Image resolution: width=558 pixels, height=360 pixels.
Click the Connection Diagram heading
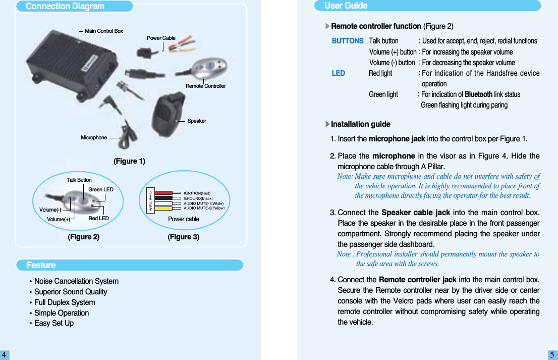tap(65, 7)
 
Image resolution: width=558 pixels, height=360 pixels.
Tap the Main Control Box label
tap(104, 31)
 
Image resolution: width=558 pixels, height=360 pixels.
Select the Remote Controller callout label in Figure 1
tap(205, 86)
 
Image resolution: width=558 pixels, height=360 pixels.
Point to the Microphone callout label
tap(94, 138)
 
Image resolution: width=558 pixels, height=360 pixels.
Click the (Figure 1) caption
tap(129, 162)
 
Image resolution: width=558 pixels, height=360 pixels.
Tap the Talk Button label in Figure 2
tap(79, 180)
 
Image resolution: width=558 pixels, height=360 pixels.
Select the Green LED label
tap(101, 190)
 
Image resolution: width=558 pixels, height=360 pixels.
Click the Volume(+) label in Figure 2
tap(58, 220)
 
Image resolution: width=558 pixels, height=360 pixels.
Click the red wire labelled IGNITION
tap(163, 193)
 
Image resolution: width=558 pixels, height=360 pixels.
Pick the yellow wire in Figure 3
tap(163, 208)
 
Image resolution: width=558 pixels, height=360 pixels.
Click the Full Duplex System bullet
tap(64, 302)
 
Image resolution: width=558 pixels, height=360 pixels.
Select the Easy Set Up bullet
tap(53, 323)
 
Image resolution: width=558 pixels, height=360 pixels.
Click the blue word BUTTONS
tap(347, 41)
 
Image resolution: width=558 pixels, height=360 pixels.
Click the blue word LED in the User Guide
tap(338, 73)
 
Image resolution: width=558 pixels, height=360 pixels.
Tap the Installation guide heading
tap(360, 124)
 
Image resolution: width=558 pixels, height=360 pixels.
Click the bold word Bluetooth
tap(478, 94)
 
